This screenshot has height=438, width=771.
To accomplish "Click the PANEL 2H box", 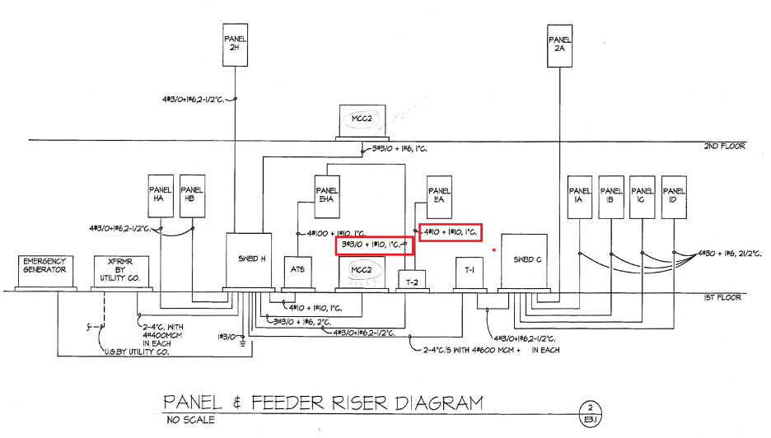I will tap(236, 43).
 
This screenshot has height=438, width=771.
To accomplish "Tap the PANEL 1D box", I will tap(674, 197).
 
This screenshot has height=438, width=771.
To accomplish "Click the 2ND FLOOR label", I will tap(724, 147).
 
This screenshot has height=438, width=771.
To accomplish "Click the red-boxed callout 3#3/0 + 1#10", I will tap(373, 245).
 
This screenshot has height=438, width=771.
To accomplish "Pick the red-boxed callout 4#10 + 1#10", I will tap(450, 232).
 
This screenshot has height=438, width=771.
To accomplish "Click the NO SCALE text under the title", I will tap(189, 421).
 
